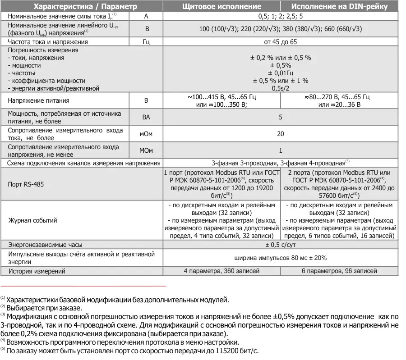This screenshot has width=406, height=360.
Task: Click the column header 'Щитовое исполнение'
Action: tap(221, 6)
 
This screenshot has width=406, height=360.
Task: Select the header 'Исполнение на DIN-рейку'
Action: tap(339, 6)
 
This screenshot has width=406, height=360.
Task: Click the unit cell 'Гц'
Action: tap(146, 42)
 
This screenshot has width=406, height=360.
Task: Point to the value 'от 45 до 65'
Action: tap(280, 42)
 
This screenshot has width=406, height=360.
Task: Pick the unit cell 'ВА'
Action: tap(146, 118)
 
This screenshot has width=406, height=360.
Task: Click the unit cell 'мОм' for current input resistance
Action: tap(146, 134)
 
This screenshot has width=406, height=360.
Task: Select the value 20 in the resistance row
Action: tap(280, 134)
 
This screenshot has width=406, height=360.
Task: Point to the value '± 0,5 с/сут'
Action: tap(280, 245)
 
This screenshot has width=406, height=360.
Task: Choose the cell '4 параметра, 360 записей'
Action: tap(221, 271)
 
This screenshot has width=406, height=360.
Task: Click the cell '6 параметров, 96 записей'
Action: tap(339, 271)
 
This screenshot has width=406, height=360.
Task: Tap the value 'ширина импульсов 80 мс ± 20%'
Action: tap(280, 258)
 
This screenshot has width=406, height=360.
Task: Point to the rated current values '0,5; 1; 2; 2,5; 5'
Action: tap(280, 16)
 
